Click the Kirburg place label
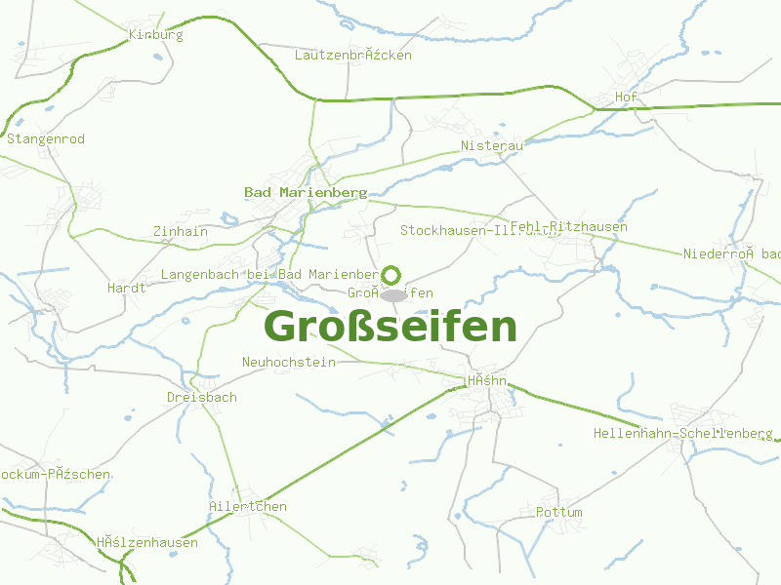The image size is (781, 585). click(156, 35)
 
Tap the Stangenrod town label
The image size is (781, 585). click(46, 139)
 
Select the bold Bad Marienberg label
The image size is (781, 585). click(305, 193)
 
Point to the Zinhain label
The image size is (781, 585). click(181, 232)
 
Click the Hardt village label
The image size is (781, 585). click(127, 289)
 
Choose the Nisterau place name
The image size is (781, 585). click(493, 146)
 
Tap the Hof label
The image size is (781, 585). click(626, 97)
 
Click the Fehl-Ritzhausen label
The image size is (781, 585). click(569, 227)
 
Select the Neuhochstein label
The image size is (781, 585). click(289, 363)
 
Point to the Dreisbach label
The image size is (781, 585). click(202, 398)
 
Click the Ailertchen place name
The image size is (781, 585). click(248, 507)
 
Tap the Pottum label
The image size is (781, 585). click(559, 513)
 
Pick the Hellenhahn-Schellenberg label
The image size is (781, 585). click(683, 433)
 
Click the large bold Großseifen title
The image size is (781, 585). click(390, 327)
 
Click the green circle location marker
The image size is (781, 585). click(392, 275)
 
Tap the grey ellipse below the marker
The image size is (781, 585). click(392, 294)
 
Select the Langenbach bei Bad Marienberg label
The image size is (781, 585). click(268, 275)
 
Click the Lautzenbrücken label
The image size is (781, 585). click(353, 56)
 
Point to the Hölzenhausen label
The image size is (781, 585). click(146, 543)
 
